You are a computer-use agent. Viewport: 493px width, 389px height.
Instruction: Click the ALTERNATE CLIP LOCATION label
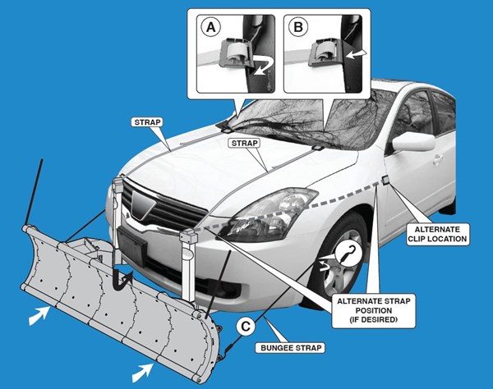point(440,234)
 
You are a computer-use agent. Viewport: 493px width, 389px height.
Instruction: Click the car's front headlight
point(264,209)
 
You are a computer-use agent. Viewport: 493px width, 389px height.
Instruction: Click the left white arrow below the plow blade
point(36,314)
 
